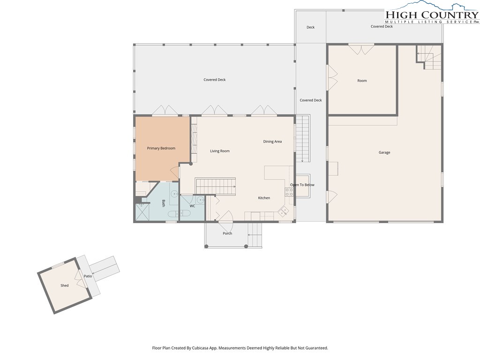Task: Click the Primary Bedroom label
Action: point(161,148)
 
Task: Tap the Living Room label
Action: point(220,151)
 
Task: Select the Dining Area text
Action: point(272,142)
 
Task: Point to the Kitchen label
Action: point(264,198)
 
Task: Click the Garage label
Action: point(384,152)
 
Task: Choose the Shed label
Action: point(64,285)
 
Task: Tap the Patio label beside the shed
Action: point(88,276)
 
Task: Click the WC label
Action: point(192,206)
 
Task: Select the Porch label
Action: point(227,233)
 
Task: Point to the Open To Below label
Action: point(302,185)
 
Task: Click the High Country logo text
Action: point(432,15)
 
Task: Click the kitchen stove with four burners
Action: point(289,192)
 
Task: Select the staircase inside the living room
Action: point(216,186)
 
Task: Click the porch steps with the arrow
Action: point(255,235)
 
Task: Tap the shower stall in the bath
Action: point(142,212)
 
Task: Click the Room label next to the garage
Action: point(362,81)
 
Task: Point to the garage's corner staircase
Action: point(428,57)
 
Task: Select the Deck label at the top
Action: point(310,27)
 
